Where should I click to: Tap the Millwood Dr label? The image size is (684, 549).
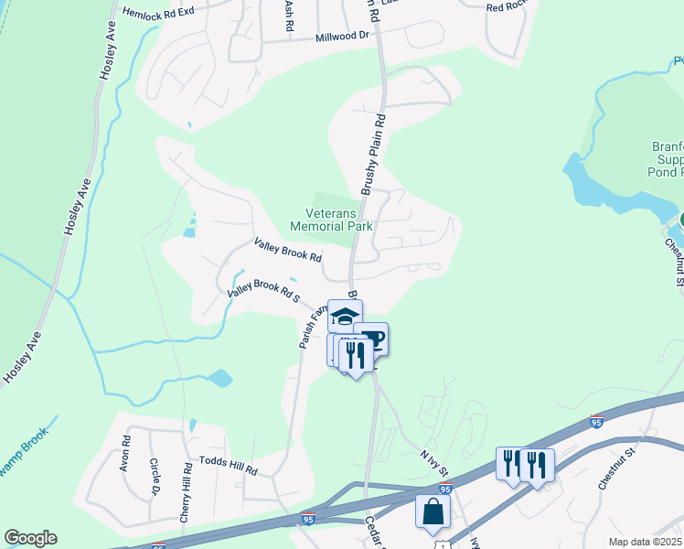coord(341,37)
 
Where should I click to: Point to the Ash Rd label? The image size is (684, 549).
coord(289,16)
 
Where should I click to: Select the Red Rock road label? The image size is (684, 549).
coord(508,7)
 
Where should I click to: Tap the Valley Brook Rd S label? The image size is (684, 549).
coord(264,293)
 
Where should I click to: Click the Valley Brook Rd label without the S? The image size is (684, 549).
coord(288,250)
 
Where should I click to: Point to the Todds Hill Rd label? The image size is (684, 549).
coord(229,466)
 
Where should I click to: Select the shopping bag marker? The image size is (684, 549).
coord(433,511)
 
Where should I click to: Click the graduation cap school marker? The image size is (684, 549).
coord(345,317)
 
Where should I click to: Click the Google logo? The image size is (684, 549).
coord(30,538)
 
